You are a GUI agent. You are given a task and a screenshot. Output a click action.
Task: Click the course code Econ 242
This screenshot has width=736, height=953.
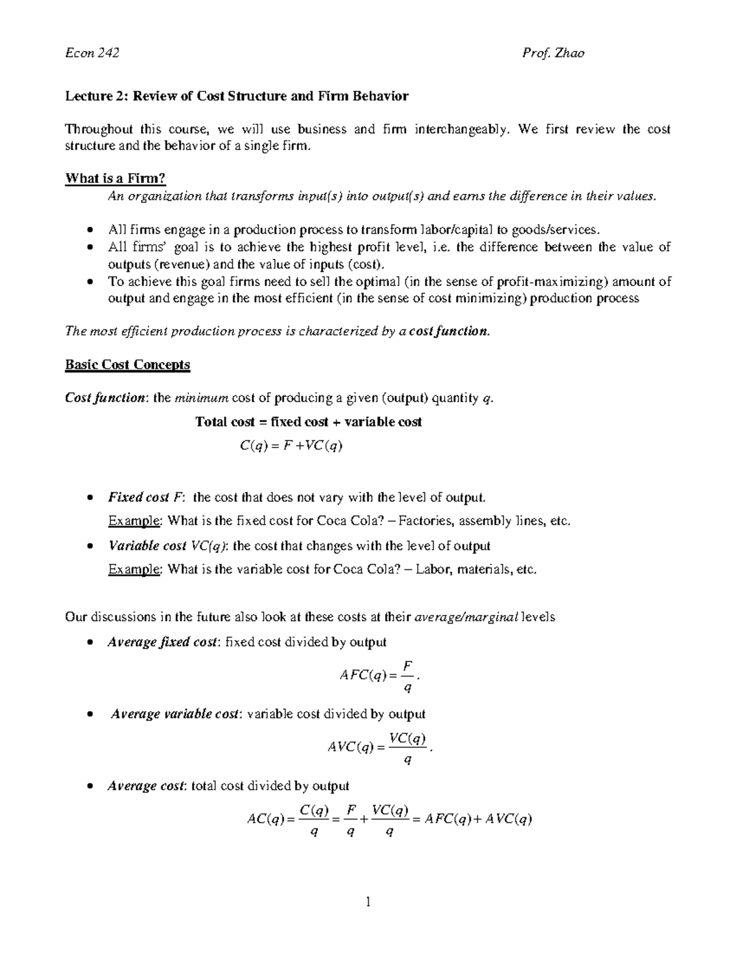coord(92,53)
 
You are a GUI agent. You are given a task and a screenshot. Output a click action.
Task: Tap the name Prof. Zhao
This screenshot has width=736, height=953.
coord(553,53)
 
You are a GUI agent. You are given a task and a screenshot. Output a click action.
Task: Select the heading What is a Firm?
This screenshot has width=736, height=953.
coord(115,179)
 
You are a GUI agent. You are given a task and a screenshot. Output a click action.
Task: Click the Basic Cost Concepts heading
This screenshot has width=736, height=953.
coord(128,365)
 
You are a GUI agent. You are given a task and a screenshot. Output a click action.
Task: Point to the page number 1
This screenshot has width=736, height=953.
coord(368,901)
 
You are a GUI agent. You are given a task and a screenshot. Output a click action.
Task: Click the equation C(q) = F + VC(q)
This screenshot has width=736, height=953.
coord(291,446)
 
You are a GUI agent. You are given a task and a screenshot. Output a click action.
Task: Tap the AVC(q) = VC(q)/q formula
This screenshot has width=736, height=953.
coord(380,747)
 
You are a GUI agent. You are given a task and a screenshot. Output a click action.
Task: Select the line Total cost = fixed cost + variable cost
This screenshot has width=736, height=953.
coord(308,422)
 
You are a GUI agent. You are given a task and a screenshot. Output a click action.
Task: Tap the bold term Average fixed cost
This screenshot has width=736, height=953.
coord(162,642)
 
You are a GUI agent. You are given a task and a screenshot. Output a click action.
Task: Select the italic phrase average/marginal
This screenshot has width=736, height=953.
coord(467,617)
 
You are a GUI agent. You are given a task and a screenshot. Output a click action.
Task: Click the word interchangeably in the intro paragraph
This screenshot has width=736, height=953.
coord(462,129)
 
